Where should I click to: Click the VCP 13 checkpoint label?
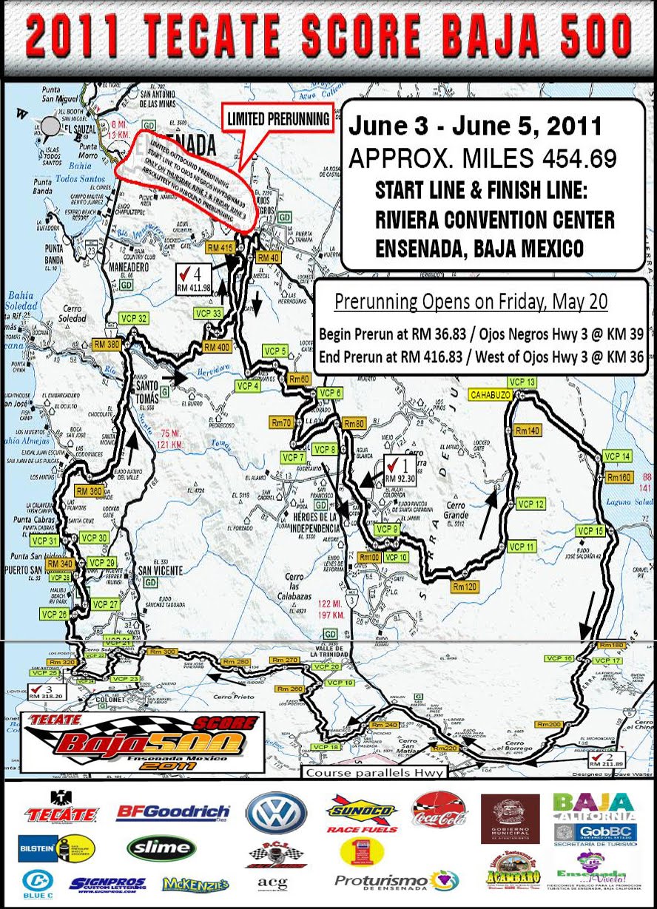[522, 382]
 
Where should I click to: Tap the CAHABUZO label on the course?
[490, 395]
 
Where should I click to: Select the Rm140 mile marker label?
[528, 430]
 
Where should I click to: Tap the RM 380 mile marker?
[107, 345]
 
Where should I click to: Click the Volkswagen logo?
[276, 814]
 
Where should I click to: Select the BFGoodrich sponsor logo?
[172, 814]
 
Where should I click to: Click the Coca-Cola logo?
[440, 810]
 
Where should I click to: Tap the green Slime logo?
[161, 848]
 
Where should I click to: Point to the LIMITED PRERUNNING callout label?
[277, 118]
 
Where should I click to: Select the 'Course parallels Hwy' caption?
[374, 773]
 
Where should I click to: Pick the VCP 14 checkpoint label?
[617, 456]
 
